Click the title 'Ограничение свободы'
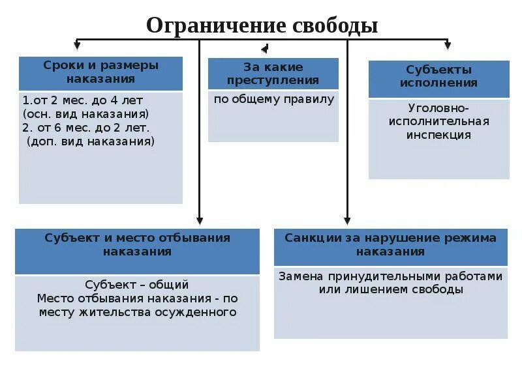(262, 25)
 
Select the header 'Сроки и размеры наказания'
(100, 72)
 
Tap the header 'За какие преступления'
(273, 74)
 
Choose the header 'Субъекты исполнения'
(438, 76)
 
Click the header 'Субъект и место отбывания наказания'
(137, 244)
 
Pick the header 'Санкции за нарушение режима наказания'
(390, 244)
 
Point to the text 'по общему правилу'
(274, 100)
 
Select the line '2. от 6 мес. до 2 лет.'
(85, 127)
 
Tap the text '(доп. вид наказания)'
(91, 141)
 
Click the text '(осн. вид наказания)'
(85, 113)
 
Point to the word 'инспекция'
(438, 136)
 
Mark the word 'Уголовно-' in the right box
(438, 108)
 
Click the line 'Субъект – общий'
(137, 285)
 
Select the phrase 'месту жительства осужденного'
(137, 312)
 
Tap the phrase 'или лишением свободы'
(391, 290)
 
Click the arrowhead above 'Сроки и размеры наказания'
(77, 46)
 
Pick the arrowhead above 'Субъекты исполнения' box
(447, 46)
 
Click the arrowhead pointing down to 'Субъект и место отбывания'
(200, 220)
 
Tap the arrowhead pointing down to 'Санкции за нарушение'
(347, 220)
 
